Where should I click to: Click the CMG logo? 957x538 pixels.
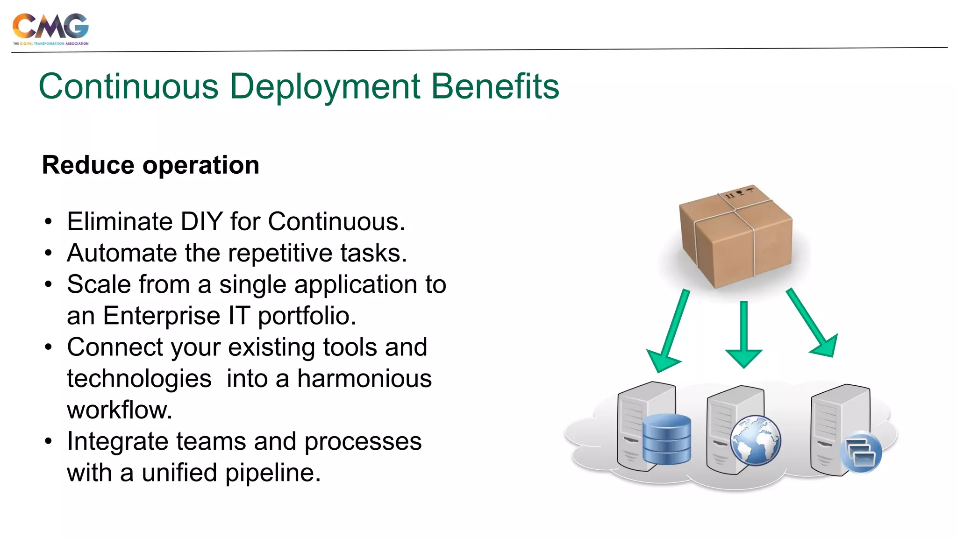(x=50, y=28)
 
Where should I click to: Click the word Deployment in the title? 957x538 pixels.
(x=325, y=87)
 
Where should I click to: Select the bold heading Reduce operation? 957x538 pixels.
(x=150, y=165)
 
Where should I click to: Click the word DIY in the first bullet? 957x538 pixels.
(x=201, y=221)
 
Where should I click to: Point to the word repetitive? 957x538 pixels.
(x=286, y=253)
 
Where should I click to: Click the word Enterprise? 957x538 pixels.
(x=161, y=316)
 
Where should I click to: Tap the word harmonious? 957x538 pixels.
(x=364, y=379)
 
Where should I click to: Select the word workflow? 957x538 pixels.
(x=119, y=410)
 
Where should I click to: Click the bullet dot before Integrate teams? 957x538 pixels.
(x=49, y=441)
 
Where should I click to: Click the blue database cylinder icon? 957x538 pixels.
(x=666, y=439)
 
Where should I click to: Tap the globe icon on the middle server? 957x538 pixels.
(x=755, y=440)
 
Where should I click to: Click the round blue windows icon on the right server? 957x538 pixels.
(x=860, y=453)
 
